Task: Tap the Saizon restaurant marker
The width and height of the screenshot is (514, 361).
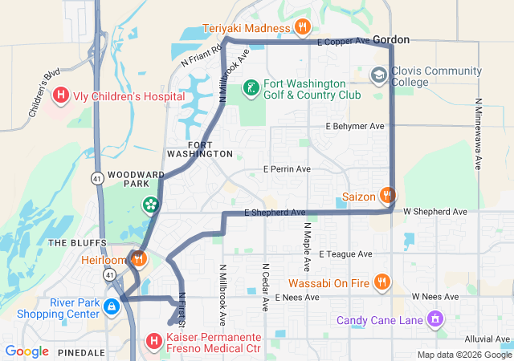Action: point(388,195)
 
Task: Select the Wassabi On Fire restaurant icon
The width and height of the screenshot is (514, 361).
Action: point(381,282)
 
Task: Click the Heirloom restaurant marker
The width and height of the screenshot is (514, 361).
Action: point(139,259)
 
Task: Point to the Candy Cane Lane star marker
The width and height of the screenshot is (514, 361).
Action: point(434,319)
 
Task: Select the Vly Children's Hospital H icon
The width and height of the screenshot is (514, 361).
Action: point(60,96)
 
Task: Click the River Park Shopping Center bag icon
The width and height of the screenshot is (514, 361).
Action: point(124,302)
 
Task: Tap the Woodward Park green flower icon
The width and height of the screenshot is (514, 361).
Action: point(149,205)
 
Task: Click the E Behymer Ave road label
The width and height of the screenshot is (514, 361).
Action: point(355,126)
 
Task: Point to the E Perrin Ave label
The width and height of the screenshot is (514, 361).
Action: point(287,169)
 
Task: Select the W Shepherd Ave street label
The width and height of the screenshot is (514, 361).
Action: point(434,212)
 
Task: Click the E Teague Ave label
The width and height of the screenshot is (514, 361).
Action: point(345,254)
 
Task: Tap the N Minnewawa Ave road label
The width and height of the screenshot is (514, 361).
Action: point(478,134)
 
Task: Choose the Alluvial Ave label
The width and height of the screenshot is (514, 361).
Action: point(481,339)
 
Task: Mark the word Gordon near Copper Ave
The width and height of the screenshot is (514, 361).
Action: point(391,39)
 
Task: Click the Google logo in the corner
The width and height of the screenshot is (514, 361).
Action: point(27,351)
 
